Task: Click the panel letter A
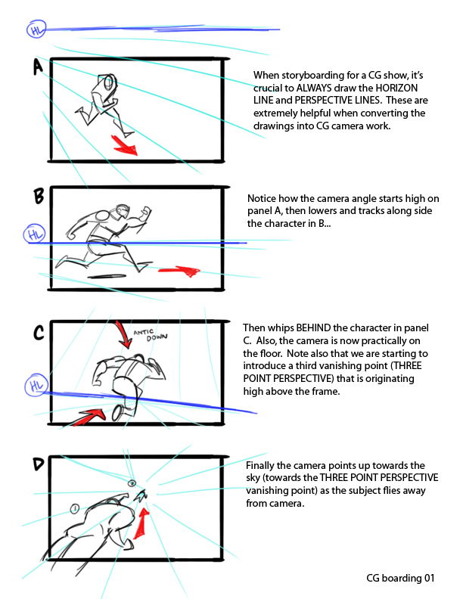38,67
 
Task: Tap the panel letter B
39,197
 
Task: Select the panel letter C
39,332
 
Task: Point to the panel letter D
39,464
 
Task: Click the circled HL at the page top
36,29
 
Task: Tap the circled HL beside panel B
34,234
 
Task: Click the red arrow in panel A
125,145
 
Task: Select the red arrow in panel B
179,271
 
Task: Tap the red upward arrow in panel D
141,523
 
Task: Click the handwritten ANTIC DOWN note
151,334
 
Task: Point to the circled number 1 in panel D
75,508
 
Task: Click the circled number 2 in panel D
132,483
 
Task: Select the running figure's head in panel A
110,82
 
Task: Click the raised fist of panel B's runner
146,211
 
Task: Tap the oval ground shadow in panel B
107,276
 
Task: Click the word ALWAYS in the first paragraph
315,88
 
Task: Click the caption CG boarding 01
400,578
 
